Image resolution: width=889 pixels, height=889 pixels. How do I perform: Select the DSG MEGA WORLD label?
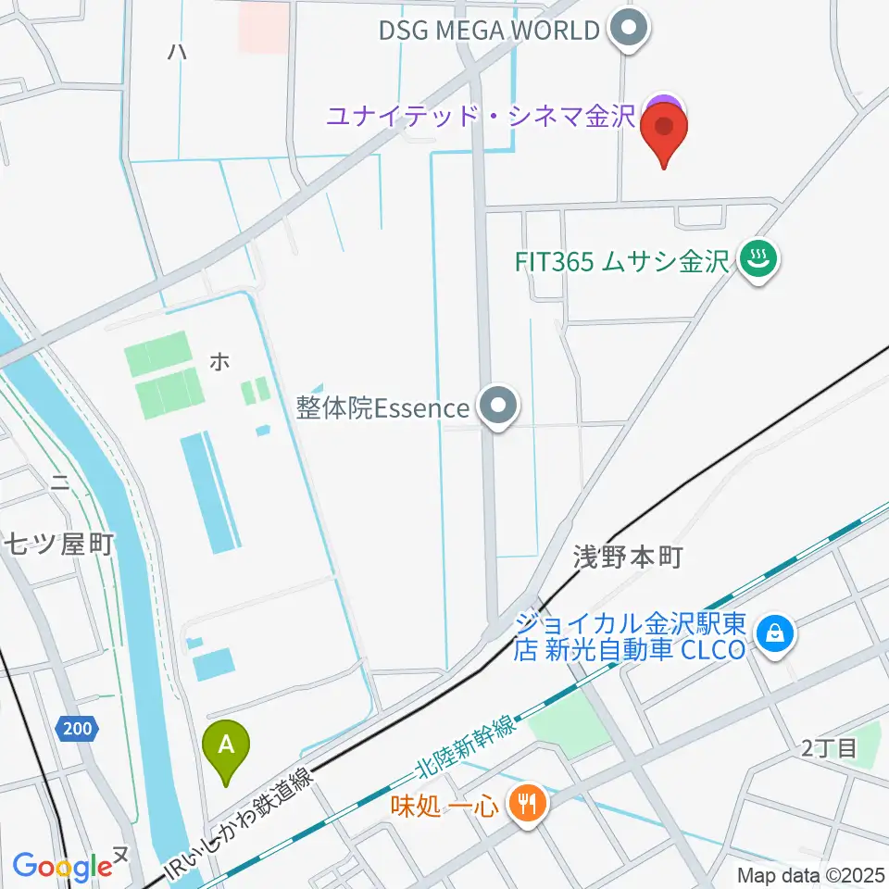point(489,31)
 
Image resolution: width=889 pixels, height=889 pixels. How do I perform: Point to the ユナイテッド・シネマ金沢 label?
point(480,117)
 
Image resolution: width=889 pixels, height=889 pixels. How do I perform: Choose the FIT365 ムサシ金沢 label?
point(622,261)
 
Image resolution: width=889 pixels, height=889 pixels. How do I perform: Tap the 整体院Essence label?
point(383,407)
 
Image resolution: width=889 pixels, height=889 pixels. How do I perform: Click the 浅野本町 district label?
point(627,557)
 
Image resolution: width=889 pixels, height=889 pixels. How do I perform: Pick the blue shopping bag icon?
point(770,634)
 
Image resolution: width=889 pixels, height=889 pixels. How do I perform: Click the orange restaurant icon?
point(528,802)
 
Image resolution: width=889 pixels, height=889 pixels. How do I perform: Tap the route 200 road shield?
point(78,729)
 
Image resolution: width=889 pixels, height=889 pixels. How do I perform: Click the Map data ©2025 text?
point(811,874)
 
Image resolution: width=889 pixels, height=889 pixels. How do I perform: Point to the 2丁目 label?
point(830,749)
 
